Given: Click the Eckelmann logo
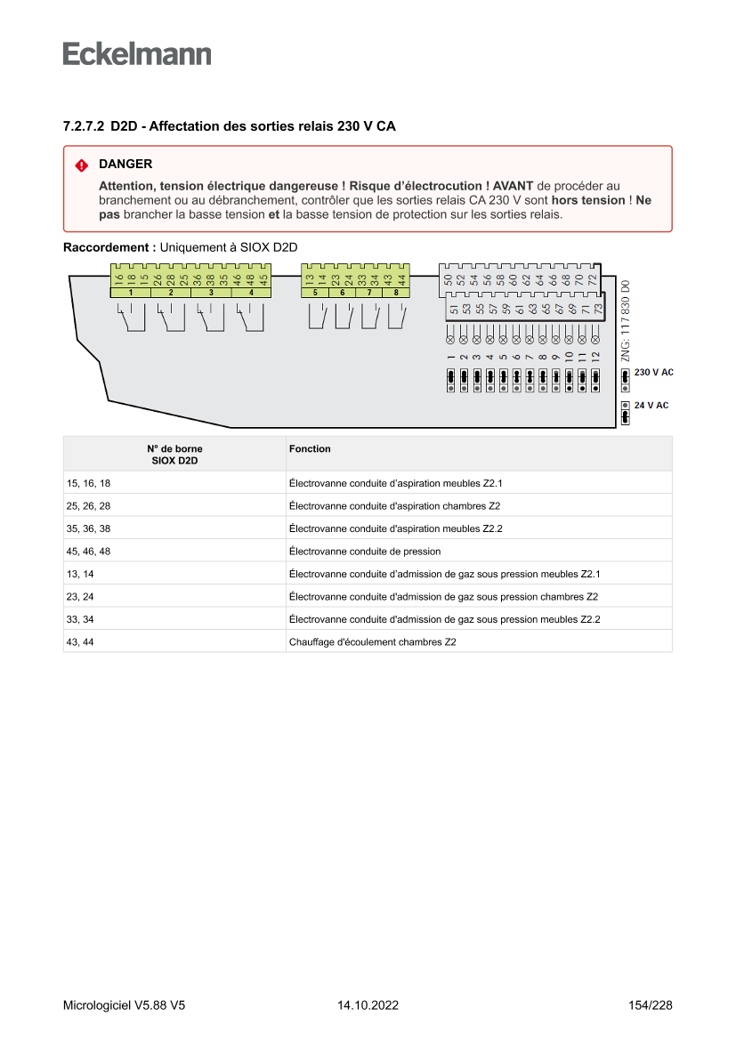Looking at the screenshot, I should pos(137,53).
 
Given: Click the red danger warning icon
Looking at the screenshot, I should pos(81,165).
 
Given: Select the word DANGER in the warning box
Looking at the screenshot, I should pos(125,165).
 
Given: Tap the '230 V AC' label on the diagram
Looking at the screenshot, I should pos(654,372).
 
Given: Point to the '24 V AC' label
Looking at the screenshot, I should pos(651,406).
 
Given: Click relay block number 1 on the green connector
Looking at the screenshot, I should pos(131,293).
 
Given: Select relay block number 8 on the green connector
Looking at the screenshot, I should pos(395,293).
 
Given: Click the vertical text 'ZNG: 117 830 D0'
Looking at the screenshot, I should pos(626,321).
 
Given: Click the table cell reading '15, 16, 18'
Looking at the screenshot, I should pos(89,483).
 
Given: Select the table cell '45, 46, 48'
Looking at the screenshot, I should pos(89,552).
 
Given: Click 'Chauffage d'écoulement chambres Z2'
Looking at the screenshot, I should pos(372,641).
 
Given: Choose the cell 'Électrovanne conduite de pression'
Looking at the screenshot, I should pos(365,552).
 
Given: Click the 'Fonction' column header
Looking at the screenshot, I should pos(310,449).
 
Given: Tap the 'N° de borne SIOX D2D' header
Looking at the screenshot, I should pos(174,455).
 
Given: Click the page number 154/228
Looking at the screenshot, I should pos(650,1005).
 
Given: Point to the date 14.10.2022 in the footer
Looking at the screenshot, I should pos(368,1005).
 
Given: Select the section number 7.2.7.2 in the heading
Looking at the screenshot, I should pos(84,127).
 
